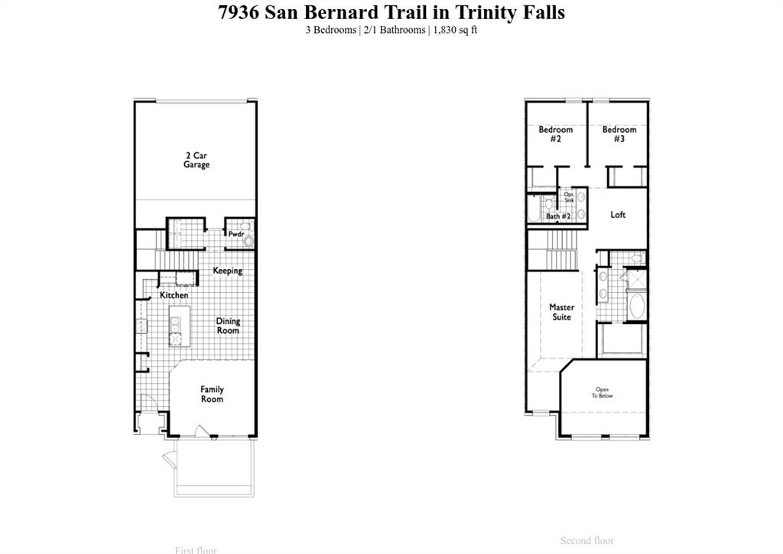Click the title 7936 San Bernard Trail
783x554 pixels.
pyautogui.click(x=391, y=13)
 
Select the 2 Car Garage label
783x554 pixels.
pyautogui.click(x=197, y=160)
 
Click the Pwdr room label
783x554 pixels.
pyautogui.click(x=236, y=234)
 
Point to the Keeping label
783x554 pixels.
pyautogui.click(x=227, y=271)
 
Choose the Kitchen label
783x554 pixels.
pyautogui.click(x=174, y=295)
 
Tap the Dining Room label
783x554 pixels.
pyautogui.click(x=228, y=326)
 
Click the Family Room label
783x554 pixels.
pyautogui.click(x=212, y=394)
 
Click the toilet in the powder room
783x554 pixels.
pyautogui.click(x=248, y=241)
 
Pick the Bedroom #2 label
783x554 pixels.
pyautogui.click(x=555, y=134)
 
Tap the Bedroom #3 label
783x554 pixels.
pyautogui.click(x=619, y=134)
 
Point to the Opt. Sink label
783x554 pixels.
pyautogui.click(x=569, y=197)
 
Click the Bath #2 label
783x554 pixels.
pyautogui.click(x=558, y=216)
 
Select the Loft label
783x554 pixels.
pyautogui.click(x=618, y=215)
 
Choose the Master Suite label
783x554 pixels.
pyautogui.click(x=561, y=312)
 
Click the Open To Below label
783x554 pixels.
pyautogui.click(x=603, y=393)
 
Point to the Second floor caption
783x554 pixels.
pyautogui.click(x=586, y=541)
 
